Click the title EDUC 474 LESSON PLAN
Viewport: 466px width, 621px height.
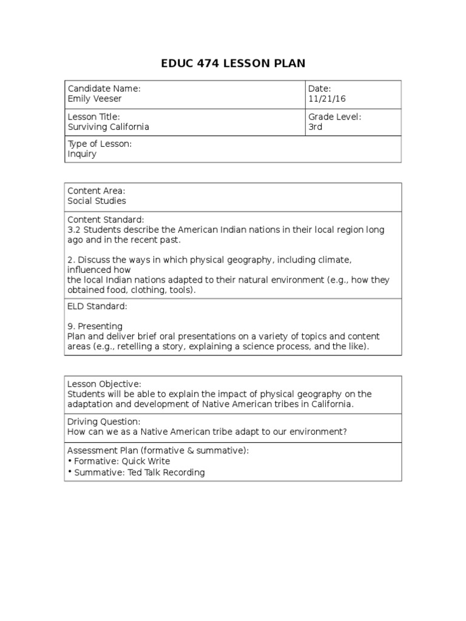[233, 63]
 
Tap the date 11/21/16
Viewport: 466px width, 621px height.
[327, 98]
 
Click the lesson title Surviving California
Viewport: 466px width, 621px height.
[108, 127]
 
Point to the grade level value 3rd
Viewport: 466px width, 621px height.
[316, 127]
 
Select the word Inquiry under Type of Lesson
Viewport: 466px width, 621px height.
[82, 154]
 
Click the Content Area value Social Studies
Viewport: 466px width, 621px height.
[97, 201]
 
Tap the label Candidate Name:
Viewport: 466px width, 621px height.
[104, 89]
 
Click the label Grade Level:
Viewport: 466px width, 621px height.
[334, 117]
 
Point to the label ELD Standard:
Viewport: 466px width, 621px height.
[97, 307]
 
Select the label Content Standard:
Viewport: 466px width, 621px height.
[106, 220]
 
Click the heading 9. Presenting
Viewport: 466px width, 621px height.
[95, 326]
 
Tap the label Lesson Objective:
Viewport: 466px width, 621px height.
[104, 384]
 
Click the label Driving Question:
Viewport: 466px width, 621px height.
[104, 421]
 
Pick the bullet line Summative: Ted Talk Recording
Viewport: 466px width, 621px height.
[139, 472]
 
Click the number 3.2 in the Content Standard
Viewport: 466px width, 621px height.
[74, 230]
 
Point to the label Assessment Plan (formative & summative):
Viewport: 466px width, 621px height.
[158, 451]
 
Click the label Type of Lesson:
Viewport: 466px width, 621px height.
[100, 144]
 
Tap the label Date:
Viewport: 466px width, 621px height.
[319, 89]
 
